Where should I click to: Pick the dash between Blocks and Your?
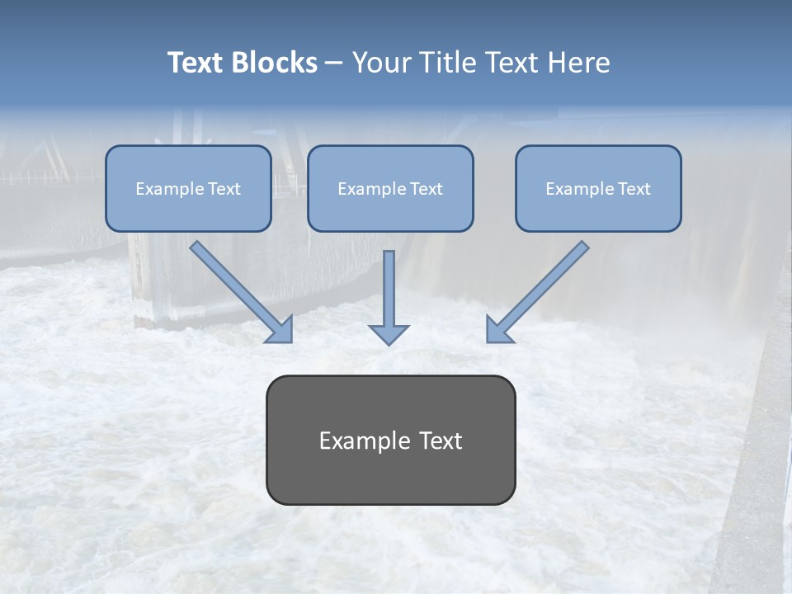pyautogui.click(x=334, y=63)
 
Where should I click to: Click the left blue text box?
pyautogui.click(x=188, y=210)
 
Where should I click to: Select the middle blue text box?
pyautogui.click(x=390, y=210)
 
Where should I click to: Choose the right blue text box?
pyautogui.click(x=598, y=210)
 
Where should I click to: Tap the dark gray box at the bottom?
pyautogui.click(x=390, y=478)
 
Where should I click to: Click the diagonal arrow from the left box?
pyautogui.click(x=239, y=290)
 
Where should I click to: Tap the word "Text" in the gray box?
pyautogui.click(x=441, y=441)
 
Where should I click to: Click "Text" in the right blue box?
pyautogui.click(x=633, y=189)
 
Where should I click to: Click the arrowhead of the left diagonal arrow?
pyautogui.click(x=280, y=330)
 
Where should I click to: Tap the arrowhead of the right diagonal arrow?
pyautogui.click(x=498, y=330)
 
